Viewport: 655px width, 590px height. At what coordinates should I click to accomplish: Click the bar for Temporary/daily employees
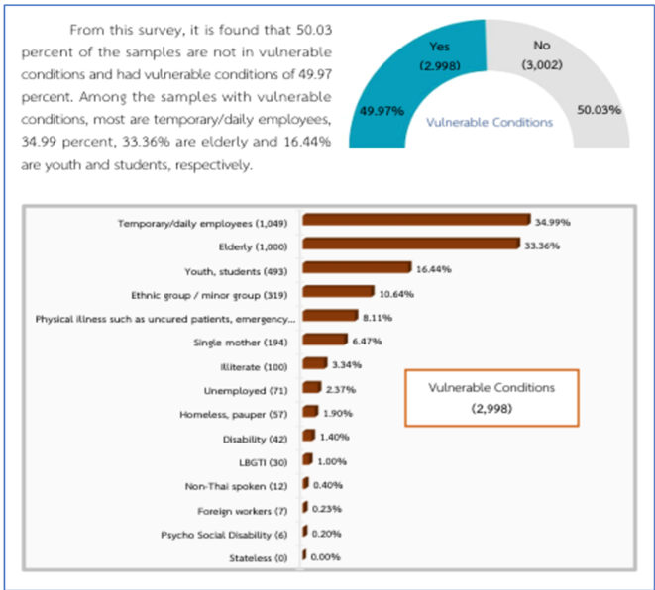pyautogui.click(x=416, y=221)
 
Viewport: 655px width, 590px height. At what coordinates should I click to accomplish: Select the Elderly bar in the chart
pyautogui.click(x=410, y=245)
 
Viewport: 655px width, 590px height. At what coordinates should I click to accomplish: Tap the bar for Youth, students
pyautogui.click(x=357, y=268)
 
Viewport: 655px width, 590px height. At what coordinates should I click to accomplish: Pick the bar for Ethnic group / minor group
pyautogui.click(x=338, y=292)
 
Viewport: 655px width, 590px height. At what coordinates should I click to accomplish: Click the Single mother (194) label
pyautogui.click(x=245, y=342)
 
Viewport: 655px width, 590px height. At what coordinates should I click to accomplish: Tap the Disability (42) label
pyautogui.click(x=255, y=437)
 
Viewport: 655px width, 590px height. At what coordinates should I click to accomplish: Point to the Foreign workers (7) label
pyautogui.click(x=244, y=510)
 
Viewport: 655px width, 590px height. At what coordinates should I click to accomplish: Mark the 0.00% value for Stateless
pyautogui.click(x=325, y=557)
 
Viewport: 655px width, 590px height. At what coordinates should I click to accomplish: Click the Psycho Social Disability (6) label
pyautogui.click(x=224, y=535)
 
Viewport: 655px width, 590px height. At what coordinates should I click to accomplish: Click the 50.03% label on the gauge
pyautogui.click(x=600, y=110)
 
